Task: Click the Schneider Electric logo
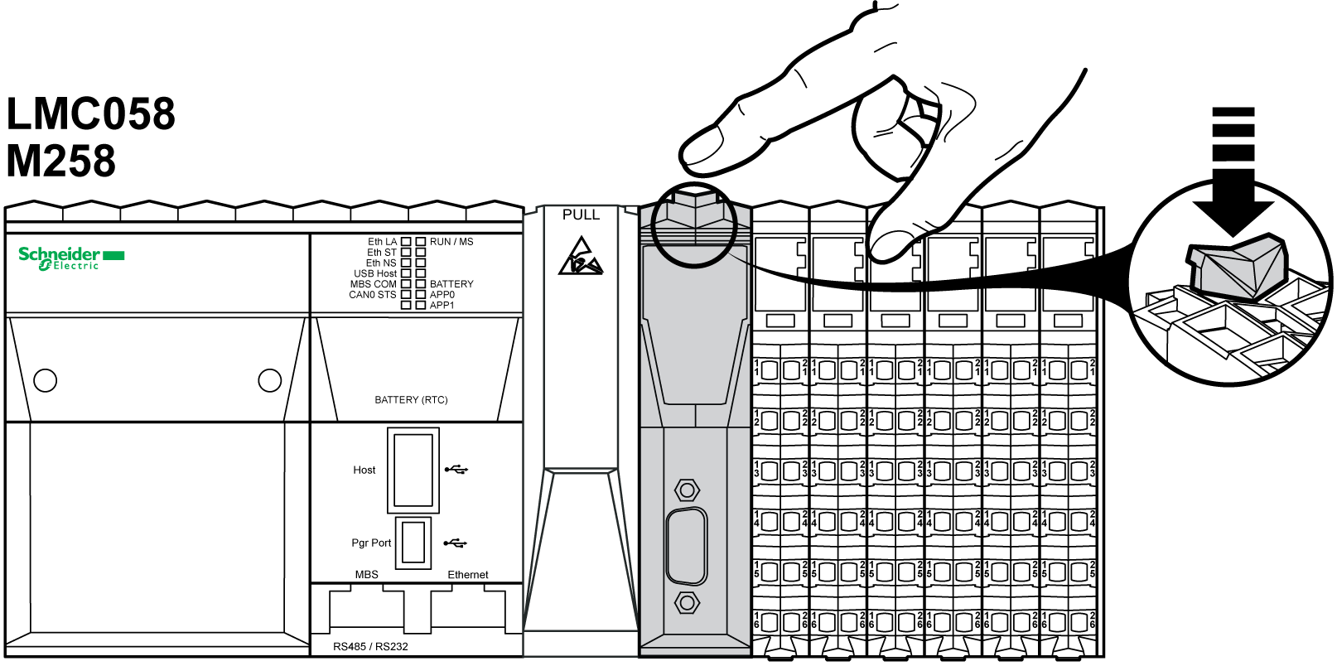pos(70,258)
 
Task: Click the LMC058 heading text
pos(90,113)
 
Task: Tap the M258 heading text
pos(60,161)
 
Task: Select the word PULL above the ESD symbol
pos(581,215)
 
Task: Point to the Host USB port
pos(413,470)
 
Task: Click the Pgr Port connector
pos(413,543)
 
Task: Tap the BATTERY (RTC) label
pos(411,400)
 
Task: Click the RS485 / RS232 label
pos(370,647)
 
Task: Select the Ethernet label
pos(468,575)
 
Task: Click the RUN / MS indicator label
pos(451,242)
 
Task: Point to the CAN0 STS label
pos(373,295)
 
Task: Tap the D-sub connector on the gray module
pos(687,547)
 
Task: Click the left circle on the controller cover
pos(46,380)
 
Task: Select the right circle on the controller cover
pos(270,380)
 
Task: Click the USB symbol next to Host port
pos(456,470)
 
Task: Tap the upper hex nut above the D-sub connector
pos(687,490)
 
